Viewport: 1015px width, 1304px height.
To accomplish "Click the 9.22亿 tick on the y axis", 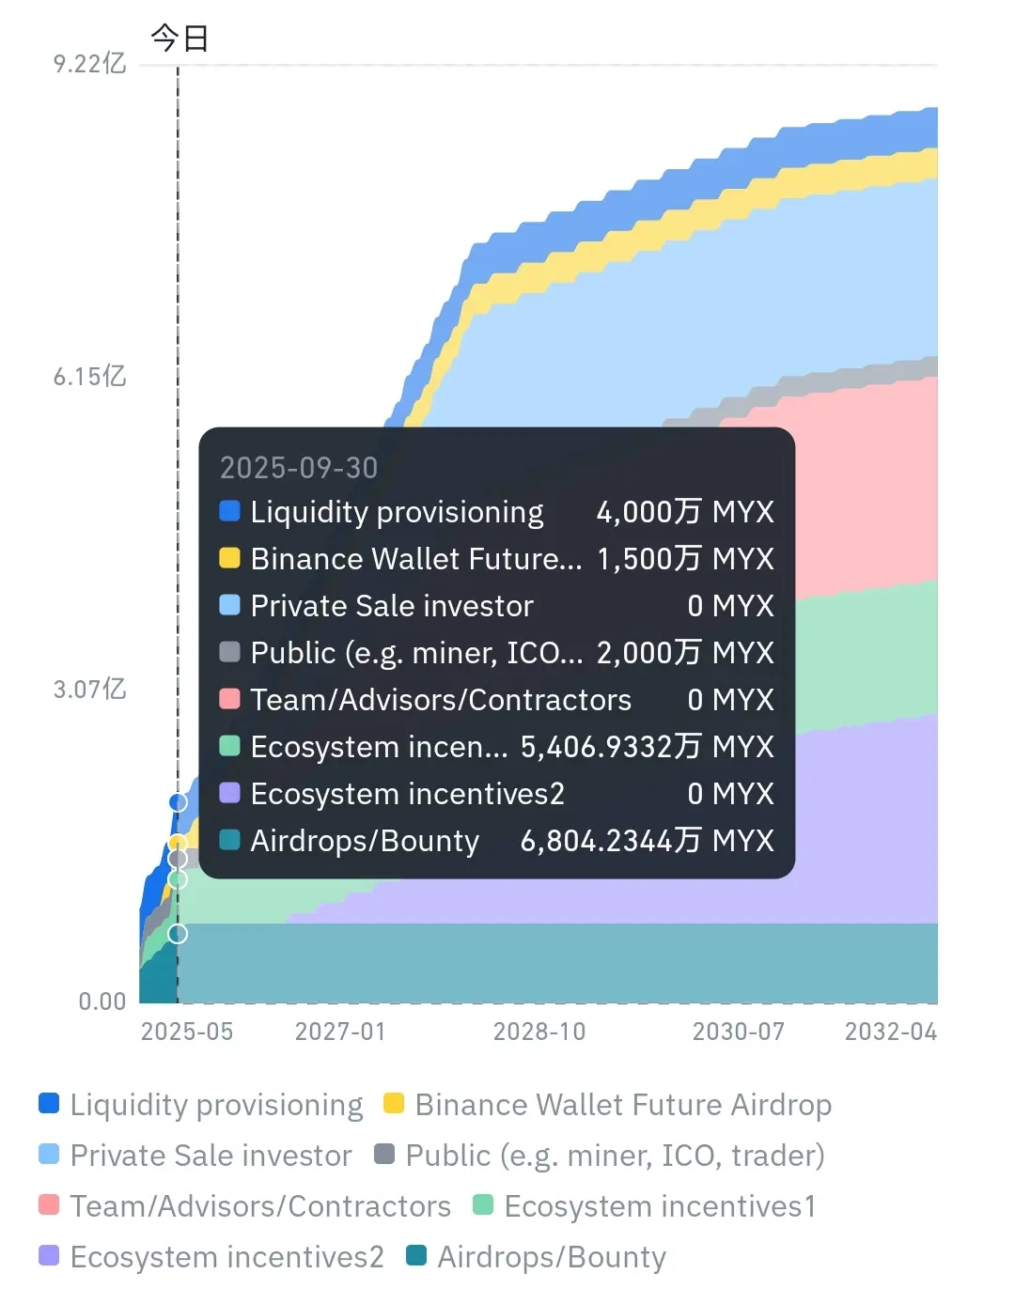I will (89, 64).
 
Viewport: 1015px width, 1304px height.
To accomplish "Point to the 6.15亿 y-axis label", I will (89, 377).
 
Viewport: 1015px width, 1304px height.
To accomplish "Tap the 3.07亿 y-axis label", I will (89, 690).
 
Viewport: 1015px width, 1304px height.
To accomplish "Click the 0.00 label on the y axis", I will (101, 1001).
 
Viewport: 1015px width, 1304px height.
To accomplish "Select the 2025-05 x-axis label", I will (186, 1032).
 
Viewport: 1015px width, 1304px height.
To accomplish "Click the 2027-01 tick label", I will (340, 1032).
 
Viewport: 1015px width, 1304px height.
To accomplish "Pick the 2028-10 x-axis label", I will (539, 1032).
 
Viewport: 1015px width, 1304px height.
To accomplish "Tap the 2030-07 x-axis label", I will (739, 1032).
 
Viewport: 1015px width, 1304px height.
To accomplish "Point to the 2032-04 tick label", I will (891, 1032).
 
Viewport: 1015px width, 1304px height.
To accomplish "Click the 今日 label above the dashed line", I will (180, 38).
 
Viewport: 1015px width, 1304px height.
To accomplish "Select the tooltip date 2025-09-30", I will (299, 468).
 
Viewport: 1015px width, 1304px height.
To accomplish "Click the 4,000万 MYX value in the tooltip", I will (685, 512).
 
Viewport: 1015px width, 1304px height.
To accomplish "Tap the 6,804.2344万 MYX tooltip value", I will (648, 841).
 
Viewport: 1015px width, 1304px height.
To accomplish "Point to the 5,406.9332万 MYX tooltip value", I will (648, 747).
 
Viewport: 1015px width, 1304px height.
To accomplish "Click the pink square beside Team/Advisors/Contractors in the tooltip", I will (229, 699).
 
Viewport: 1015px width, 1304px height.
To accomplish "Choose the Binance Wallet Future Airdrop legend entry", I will (608, 1105).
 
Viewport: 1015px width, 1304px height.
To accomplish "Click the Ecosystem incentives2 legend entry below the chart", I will (211, 1257).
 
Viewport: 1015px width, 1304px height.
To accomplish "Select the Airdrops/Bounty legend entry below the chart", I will (536, 1257).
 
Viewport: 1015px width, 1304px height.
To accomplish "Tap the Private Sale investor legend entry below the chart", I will (195, 1156).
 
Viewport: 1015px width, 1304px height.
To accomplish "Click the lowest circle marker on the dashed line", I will (178, 934).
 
